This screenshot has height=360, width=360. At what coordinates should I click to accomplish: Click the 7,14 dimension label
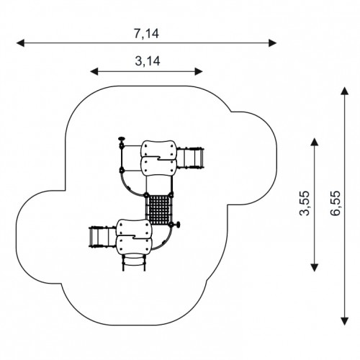[146, 33]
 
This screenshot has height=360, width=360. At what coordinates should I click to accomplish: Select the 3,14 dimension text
[148, 61]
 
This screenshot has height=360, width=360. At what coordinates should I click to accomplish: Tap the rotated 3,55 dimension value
[305, 203]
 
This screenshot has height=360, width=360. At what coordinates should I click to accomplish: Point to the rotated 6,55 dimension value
[336, 203]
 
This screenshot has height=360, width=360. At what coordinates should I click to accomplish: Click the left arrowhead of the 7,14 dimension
[20, 43]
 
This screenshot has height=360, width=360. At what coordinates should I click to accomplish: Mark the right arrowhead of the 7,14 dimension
[272, 43]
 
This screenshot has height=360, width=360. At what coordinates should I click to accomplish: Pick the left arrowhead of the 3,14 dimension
[94, 71]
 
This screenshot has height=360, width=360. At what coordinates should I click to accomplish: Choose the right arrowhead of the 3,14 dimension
[199, 71]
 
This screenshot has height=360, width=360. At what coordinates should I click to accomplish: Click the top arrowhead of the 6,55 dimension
[345, 91]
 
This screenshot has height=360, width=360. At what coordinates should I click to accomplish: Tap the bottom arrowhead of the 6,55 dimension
[345, 321]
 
